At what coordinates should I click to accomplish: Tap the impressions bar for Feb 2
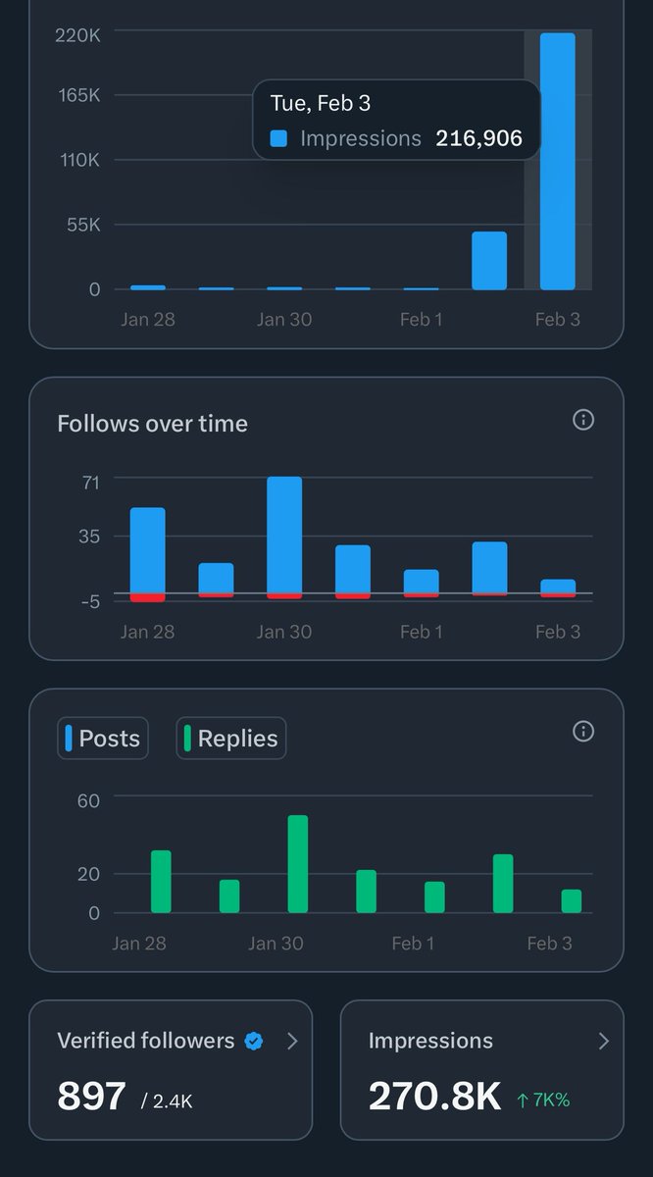point(489,261)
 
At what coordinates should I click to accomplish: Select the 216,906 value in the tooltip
point(474,139)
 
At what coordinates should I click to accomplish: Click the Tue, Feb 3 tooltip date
point(321,103)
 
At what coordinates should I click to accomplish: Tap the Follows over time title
point(152,424)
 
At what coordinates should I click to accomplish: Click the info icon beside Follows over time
point(583,420)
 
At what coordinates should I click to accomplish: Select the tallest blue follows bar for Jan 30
point(284,535)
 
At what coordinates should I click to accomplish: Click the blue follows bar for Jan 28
point(148,550)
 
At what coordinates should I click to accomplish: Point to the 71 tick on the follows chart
point(91,481)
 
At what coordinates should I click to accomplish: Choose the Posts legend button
point(103,739)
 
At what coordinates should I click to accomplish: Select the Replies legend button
point(231,739)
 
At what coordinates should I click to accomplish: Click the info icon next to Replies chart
point(583,732)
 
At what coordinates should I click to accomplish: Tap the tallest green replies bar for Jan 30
point(298,864)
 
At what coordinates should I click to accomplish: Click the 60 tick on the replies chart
point(88,800)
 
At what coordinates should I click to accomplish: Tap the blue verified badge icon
point(254,1042)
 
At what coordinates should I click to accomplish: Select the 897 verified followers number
point(91,1097)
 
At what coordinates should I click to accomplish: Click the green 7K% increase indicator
point(543,1100)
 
